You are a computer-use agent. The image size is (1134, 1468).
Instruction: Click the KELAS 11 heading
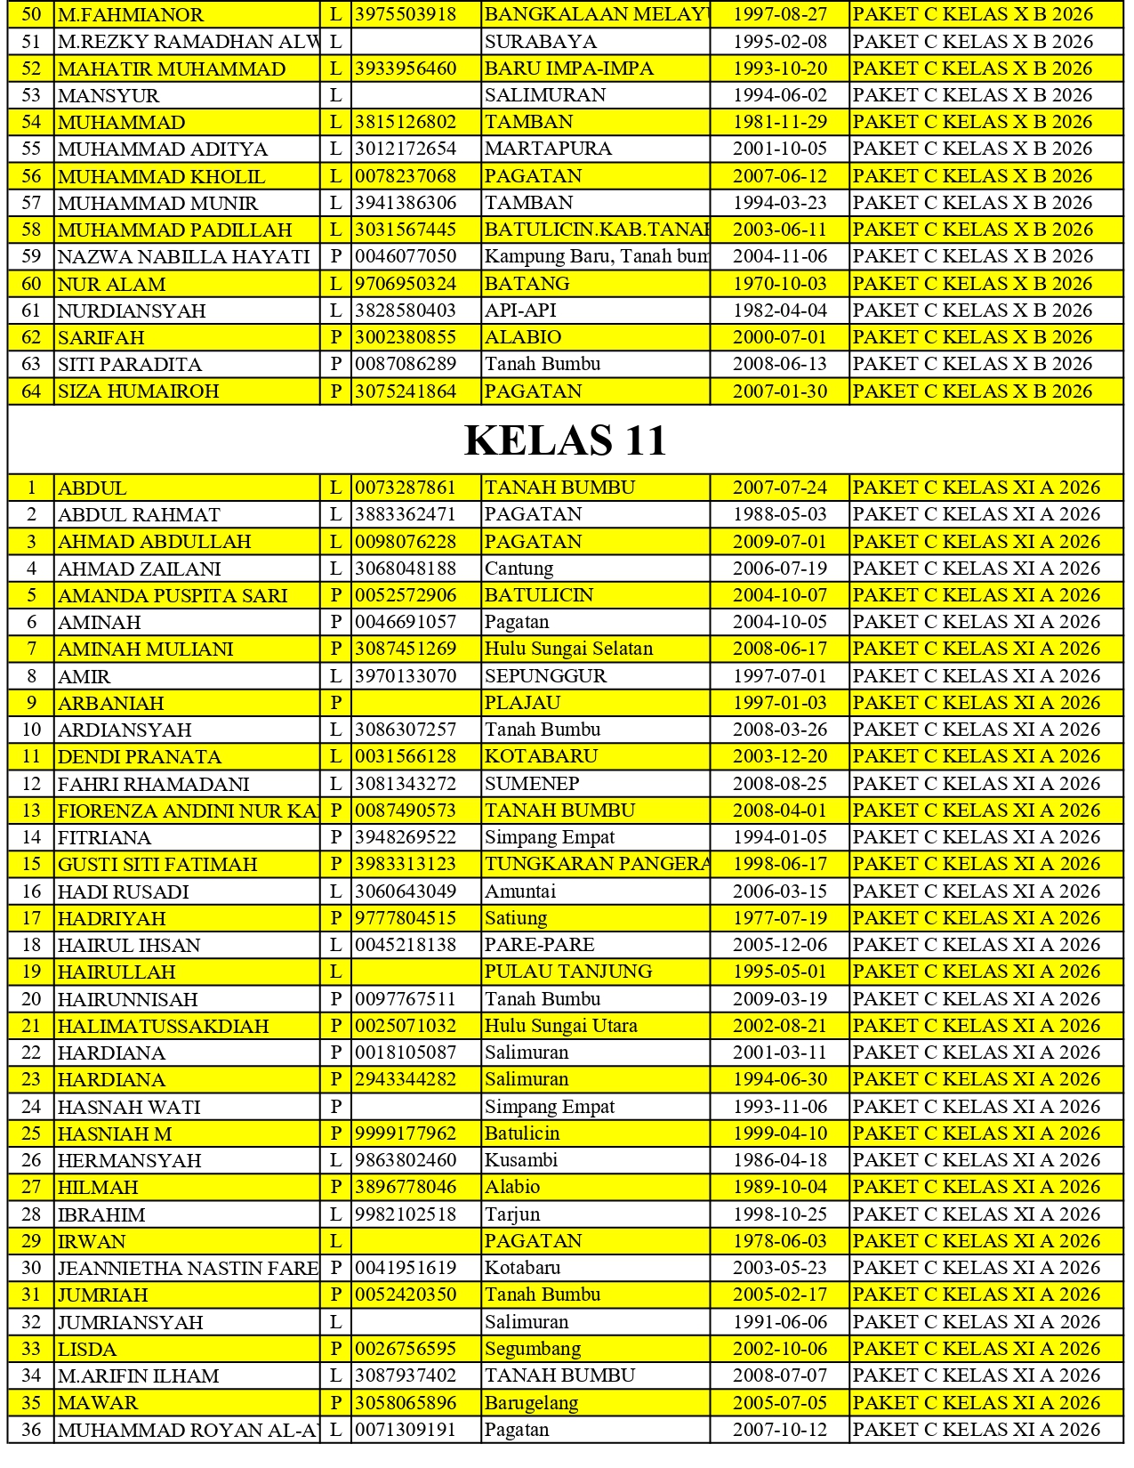566,440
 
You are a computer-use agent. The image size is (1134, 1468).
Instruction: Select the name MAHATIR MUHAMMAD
172,69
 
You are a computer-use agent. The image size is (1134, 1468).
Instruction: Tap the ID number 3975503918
406,14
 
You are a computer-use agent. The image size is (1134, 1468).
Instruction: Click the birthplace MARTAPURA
548,149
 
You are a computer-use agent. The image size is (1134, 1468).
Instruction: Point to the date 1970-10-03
779,284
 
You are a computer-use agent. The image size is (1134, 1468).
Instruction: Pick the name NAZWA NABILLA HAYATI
184,256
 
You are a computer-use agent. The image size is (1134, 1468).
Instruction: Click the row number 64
31,391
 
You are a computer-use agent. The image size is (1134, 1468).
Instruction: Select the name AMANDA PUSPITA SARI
173,595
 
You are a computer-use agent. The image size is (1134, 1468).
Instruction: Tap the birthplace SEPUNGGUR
545,676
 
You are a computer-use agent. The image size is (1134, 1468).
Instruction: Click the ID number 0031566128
406,756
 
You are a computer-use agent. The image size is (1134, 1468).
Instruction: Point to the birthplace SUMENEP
532,784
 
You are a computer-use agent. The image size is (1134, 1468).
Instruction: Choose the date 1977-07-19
779,918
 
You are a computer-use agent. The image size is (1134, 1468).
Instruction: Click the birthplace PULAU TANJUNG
568,972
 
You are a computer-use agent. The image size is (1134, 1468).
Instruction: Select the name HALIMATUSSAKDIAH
164,1026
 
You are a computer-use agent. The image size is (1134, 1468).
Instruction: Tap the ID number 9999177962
406,1133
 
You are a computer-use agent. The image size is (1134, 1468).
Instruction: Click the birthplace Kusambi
521,1160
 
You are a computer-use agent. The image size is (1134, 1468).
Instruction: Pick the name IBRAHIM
101,1214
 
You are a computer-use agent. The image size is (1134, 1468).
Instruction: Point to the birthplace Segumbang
532,1349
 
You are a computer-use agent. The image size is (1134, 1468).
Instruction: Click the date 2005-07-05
779,1402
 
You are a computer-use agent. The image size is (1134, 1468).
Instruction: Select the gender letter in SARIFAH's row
335,337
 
